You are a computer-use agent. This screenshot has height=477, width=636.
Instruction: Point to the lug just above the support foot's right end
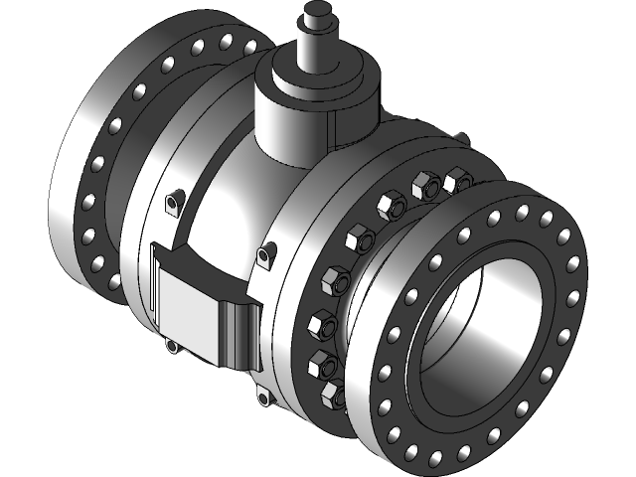[x=264, y=255]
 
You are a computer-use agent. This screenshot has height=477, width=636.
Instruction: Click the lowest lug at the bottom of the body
[x=263, y=398]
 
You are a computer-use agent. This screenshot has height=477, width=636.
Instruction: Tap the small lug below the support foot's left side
[x=173, y=346]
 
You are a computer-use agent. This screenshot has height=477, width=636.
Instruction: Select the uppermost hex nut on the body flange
[x=458, y=181]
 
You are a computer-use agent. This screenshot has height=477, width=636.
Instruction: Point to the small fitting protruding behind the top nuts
[x=461, y=141]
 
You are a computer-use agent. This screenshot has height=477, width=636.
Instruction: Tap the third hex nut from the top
[x=389, y=207]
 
